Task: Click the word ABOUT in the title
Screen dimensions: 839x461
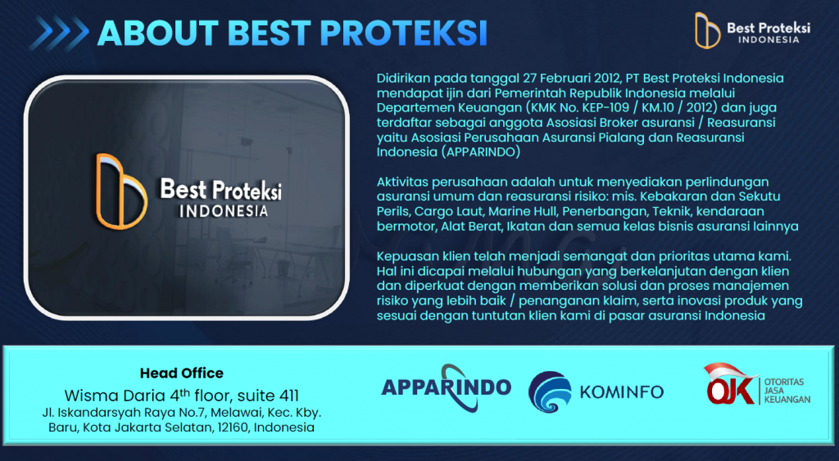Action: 158,33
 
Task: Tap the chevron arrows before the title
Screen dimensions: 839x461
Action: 59,33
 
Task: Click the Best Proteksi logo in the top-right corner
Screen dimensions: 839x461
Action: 752,30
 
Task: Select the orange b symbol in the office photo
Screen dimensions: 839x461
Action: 121,191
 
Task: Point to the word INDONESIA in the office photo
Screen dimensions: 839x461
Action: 223,210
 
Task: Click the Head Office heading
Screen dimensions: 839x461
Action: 181,373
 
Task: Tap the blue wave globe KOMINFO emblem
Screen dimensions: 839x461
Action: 550,392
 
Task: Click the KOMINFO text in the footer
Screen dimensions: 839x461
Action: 622,392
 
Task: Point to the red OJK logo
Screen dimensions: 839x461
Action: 730,384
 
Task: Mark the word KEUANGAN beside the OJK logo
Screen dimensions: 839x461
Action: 787,399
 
